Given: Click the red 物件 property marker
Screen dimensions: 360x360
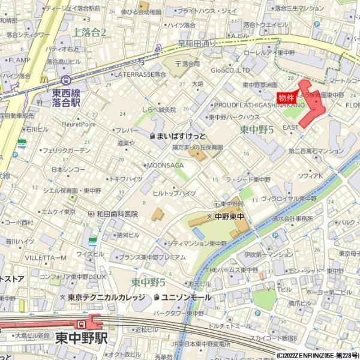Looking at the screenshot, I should click(286, 97).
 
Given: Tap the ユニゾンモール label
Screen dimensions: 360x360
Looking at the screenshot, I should click(187, 298).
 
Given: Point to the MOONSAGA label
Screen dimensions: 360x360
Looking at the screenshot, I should click(163, 165).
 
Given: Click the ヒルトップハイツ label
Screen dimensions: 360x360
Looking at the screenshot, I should click(175, 193).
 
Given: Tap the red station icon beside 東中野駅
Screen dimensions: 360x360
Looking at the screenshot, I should click(95, 323).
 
